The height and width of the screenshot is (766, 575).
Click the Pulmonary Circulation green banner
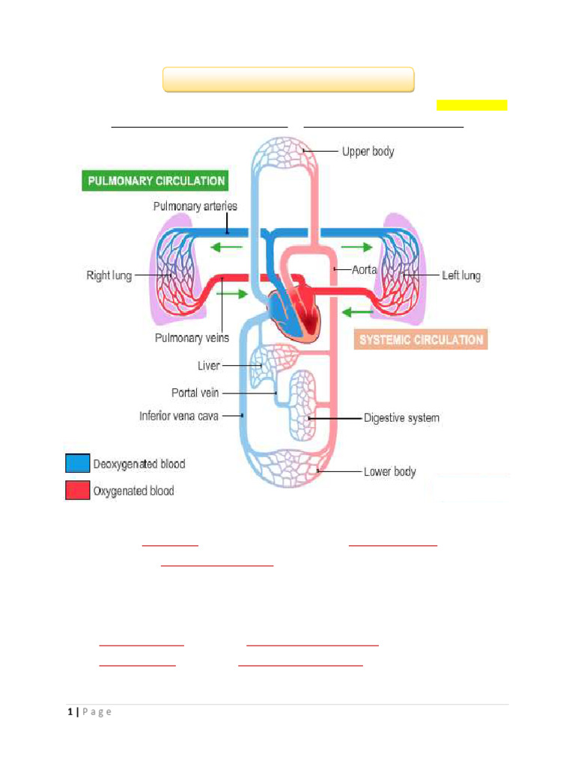click(x=156, y=181)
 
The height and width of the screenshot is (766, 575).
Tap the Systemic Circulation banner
click(x=421, y=340)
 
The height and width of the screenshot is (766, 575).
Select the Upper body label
click(x=368, y=152)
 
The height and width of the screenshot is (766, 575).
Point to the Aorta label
click(x=365, y=269)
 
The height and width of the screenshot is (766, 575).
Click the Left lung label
click(x=461, y=276)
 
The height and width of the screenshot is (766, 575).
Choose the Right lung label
click(x=109, y=276)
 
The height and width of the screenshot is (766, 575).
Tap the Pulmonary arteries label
click(x=195, y=206)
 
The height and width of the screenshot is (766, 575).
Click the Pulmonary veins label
click(x=192, y=338)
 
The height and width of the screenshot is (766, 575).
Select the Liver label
click(x=209, y=366)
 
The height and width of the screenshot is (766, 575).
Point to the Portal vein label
click(x=195, y=393)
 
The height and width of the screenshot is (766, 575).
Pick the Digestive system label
click(x=401, y=418)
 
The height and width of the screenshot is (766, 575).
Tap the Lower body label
click(x=389, y=472)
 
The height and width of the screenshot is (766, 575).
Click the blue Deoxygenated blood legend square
click(x=77, y=464)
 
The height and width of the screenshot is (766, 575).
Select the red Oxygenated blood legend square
click(x=77, y=491)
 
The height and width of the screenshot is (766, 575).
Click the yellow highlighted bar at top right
click(x=472, y=105)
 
